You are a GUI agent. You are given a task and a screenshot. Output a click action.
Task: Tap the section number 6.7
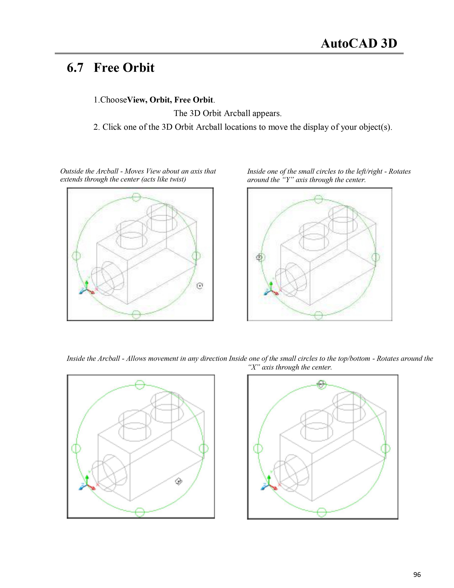(75, 68)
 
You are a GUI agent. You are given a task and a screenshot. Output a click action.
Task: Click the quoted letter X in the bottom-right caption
(254, 367)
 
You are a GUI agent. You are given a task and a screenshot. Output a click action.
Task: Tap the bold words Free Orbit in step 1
(194, 100)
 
